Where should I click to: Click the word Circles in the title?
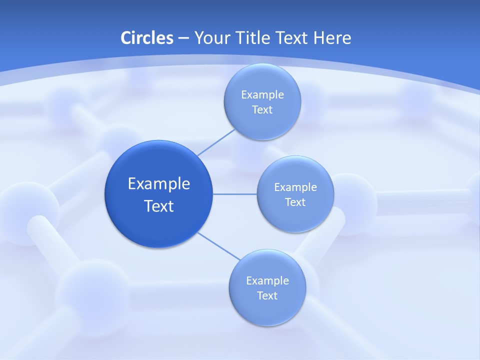point(147,37)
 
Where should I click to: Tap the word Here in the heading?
point(332,37)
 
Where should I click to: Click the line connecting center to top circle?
point(216,142)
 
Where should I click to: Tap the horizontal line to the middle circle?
point(235,193)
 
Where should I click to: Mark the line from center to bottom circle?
point(219,246)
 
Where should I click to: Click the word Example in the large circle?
point(159,183)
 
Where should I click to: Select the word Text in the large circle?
point(159,206)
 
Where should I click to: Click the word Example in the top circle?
point(262,94)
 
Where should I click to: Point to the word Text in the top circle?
point(262,109)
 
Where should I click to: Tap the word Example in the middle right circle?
point(295,187)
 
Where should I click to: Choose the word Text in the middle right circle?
point(295,202)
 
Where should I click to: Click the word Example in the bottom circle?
point(267,280)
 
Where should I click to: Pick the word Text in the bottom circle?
point(267,295)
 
